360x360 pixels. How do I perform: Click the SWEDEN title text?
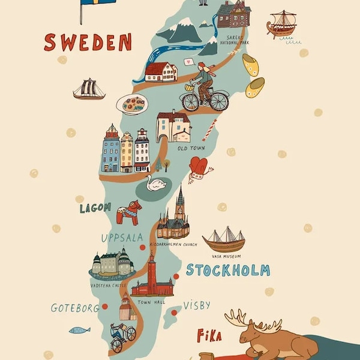[x=88, y=43]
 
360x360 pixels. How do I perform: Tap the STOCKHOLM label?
[x=227, y=270]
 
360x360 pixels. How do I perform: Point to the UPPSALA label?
[x=123, y=238]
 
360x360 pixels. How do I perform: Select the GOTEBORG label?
[x=74, y=308]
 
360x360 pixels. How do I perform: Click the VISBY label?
[x=197, y=305]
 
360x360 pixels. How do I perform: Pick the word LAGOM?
[x=95, y=208]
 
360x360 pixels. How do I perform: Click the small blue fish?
[x=79, y=329]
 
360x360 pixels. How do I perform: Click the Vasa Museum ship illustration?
[x=224, y=239]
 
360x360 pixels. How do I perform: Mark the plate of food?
[x=131, y=104]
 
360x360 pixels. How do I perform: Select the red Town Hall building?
[x=152, y=279]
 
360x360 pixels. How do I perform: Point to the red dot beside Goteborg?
[x=104, y=306]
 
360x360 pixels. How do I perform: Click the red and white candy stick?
[x=209, y=130]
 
